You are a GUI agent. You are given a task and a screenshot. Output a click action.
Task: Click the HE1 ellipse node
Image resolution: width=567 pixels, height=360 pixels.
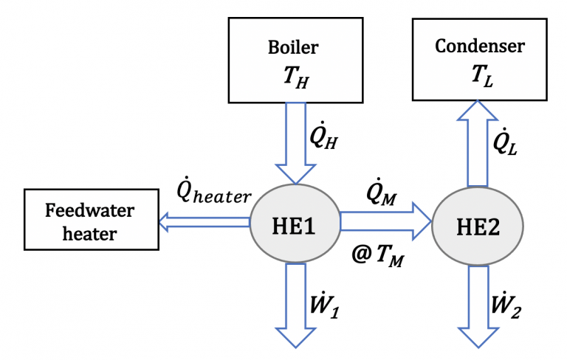[295, 221]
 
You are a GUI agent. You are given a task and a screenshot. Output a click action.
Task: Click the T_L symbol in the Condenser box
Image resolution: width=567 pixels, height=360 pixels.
[480, 75]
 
